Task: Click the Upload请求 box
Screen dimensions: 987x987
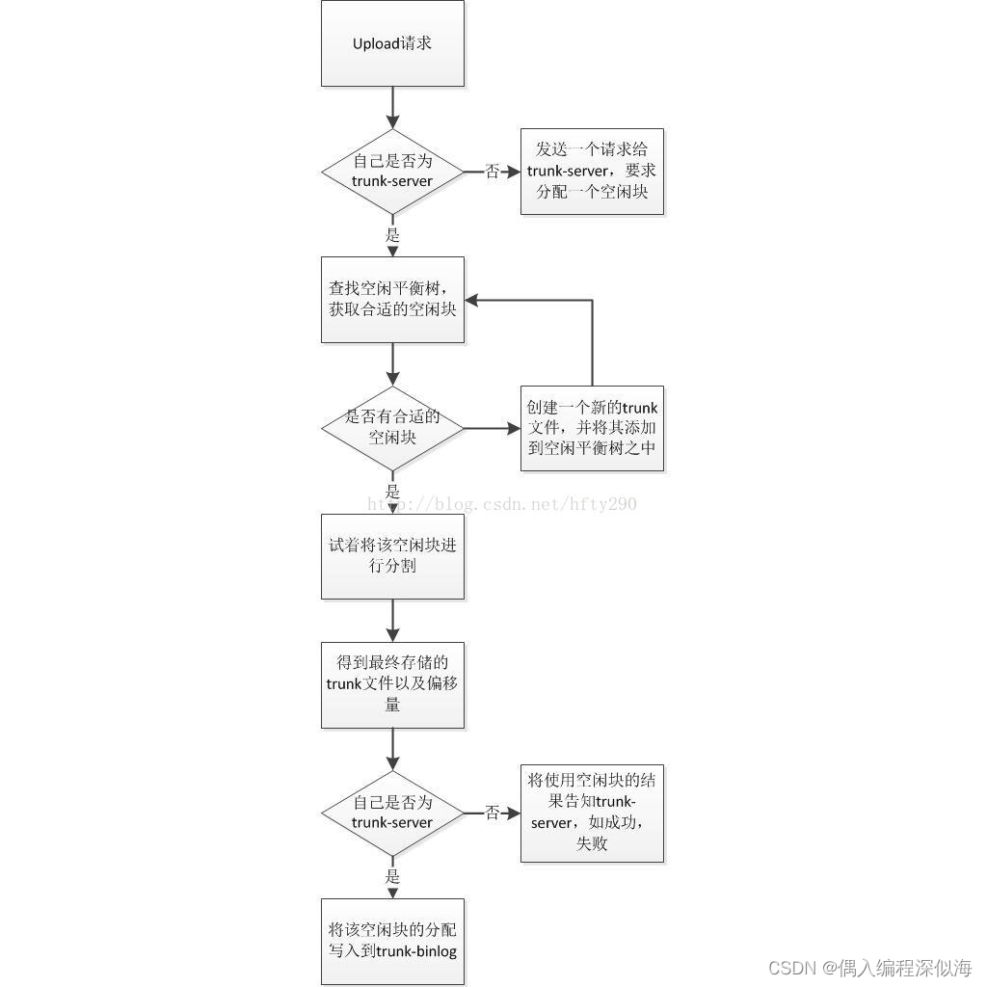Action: pyautogui.click(x=392, y=43)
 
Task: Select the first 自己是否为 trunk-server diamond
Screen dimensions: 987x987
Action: pyautogui.click(x=392, y=172)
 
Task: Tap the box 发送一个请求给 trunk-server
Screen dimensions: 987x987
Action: pyautogui.click(x=592, y=172)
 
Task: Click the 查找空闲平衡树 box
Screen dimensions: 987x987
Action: pyautogui.click(x=392, y=299)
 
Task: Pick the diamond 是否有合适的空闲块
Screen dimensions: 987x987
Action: pyautogui.click(x=392, y=427)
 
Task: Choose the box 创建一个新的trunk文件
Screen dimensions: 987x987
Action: pyautogui.click(x=592, y=427)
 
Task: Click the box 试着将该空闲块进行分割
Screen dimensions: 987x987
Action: pyautogui.click(x=392, y=556)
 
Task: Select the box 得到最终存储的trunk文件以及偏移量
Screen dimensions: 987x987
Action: pyautogui.click(x=392, y=684)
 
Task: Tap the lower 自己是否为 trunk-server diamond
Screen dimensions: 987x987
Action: pyautogui.click(x=392, y=813)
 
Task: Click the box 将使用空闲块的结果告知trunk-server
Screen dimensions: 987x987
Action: pyautogui.click(x=592, y=813)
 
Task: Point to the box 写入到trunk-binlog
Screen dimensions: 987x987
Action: pyautogui.click(x=392, y=941)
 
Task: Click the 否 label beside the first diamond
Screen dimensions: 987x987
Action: pyautogui.click(x=493, y=172)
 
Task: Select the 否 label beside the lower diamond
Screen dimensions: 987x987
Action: pyautogui.click(x=493, y=814)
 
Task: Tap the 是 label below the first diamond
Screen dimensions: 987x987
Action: pyautogui.click(x=392, y=235)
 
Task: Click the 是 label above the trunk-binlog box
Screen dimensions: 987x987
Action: pyautogui.click(x=392, y=877)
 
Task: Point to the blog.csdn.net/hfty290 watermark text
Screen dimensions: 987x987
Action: pyautogui.click(x=501, y=503)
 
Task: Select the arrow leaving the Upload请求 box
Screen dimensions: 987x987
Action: pyautogui.click(x=392, y=107)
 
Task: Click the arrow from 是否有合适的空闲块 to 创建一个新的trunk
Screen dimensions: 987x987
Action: pyautogui.click(x=492, y=427)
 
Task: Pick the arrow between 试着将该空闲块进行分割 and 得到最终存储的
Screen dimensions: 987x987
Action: pyautogui.click(x=392, y=621)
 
